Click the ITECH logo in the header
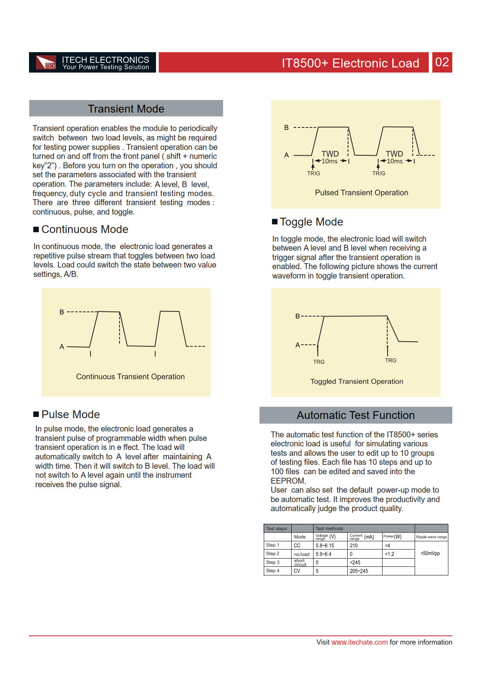(x=46, y=63)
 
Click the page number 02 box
(x=442, y=62)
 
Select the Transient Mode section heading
(x=126, y=109)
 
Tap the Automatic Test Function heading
(x=355, y=415)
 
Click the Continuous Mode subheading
(x=85, y=229)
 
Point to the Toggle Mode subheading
(x=311, y=222)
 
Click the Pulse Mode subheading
(x=71, y=415)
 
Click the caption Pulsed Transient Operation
(x=361, y=193)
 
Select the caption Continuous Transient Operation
(x=130, y=377)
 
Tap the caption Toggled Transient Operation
(x=357, y=381)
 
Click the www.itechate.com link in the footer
(x=359, y=642)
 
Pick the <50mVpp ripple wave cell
(x=430, y=553)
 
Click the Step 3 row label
(x=273, y=562)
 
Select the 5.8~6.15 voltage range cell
(x=325, y=546)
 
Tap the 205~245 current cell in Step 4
(x=359, y=571)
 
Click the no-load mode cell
(x=302, y=554)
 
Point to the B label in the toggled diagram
(x=297, y=316)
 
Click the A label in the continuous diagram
(x=62, y=347)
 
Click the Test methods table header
(x=329, y=528)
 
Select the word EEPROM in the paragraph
(x=288, y=481)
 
